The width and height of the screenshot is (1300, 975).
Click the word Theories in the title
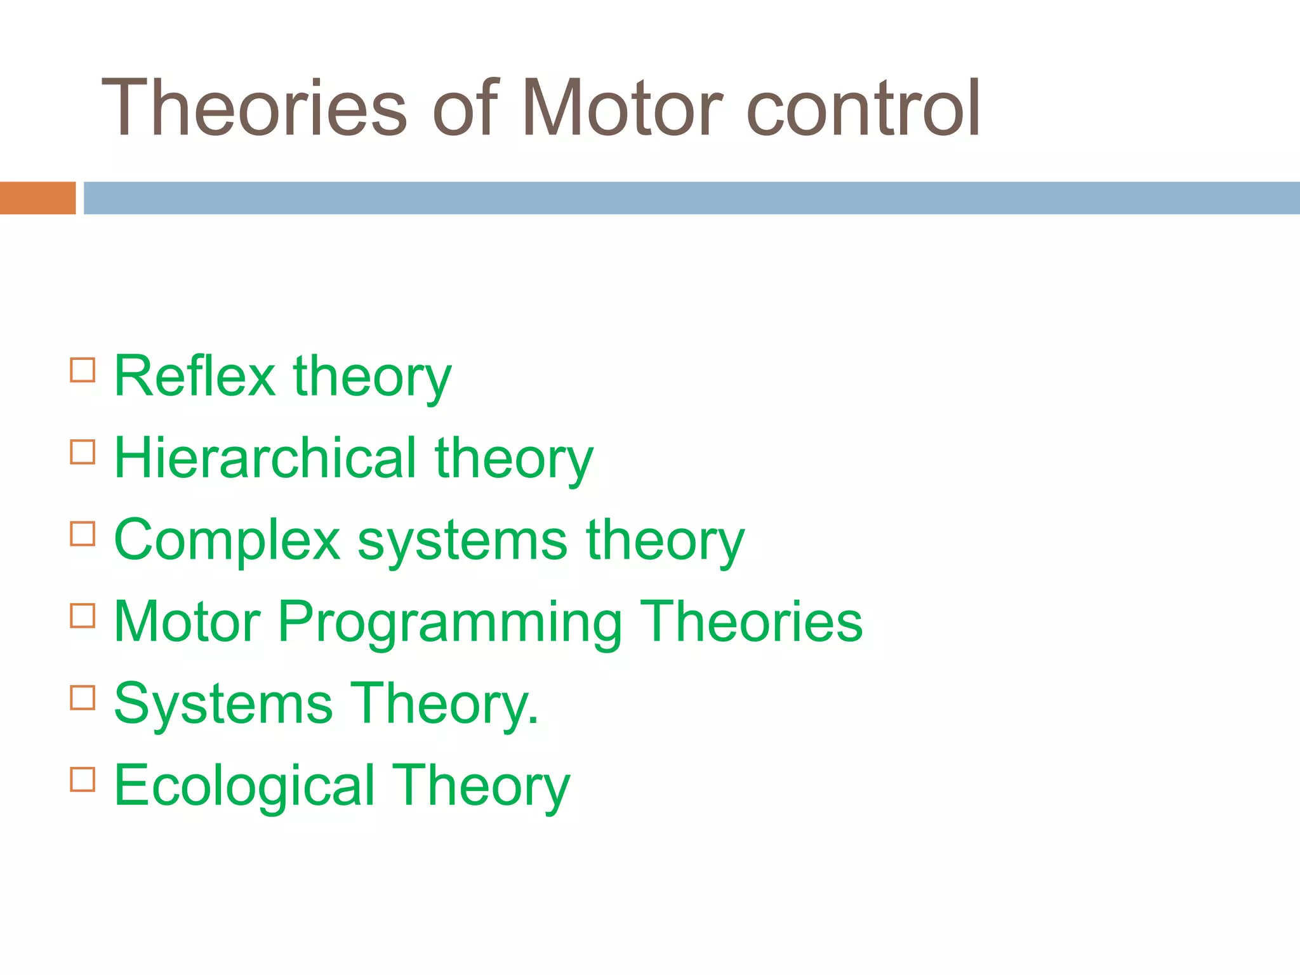(254, 108)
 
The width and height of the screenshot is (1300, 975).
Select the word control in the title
(864, 108)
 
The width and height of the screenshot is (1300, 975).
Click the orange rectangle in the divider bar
(37, 198)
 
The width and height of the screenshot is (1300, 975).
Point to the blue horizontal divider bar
(691, 198)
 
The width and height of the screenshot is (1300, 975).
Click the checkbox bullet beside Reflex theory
(83, 370)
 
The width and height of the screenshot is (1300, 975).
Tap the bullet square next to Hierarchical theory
(83, 452)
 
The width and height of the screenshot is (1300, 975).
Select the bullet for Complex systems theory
(83, 534)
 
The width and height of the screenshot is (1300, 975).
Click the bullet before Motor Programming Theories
(83, 616)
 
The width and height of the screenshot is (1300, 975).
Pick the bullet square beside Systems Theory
(83, 698)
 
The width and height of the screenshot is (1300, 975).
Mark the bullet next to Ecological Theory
(83, 779)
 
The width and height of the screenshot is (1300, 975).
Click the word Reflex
(194, 376)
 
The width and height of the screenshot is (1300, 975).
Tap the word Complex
(227, 541)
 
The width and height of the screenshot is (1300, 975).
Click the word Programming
(449, 623)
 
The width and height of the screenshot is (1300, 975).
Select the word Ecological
(244, 786)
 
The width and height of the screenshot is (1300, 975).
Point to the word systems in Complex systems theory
(462, 541)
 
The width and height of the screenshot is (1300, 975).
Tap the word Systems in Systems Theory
(223, 703)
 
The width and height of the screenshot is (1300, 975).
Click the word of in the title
(465, 108)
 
